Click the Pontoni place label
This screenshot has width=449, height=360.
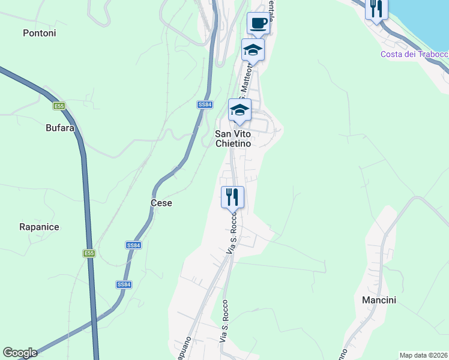[40, 33]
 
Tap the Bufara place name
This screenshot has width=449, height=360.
[60, 128]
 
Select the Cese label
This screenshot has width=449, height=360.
[161, 203]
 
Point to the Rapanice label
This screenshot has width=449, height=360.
[39, 227]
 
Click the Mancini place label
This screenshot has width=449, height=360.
[379, 300]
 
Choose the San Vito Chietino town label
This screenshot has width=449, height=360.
[233, 139]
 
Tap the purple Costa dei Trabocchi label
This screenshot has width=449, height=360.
[414, 55]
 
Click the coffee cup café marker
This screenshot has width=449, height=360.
[258, 23]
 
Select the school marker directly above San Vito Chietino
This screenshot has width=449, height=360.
[239, 110]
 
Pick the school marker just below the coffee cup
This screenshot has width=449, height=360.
[253, 50]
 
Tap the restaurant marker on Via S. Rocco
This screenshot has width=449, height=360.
[232, 196]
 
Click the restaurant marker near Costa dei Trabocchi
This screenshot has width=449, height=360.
[376, 8]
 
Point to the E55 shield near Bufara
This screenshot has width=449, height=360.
[58, 106]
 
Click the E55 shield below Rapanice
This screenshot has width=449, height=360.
[89, 254]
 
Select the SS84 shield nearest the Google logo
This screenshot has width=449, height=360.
[124, 284]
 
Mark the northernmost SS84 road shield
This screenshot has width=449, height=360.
[205, 104]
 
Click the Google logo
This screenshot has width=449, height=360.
[20, 353]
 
